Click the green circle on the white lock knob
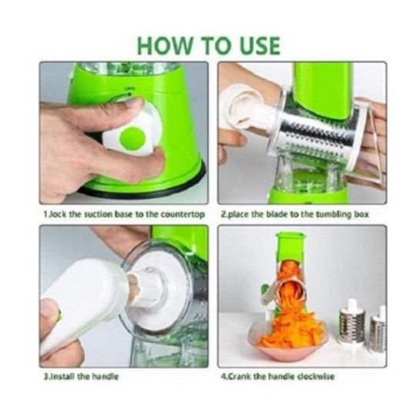(132, 139)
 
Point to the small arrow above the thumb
(128, 94)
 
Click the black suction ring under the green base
(149, 187)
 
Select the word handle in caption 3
(105, 377)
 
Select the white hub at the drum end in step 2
(244, 107)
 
